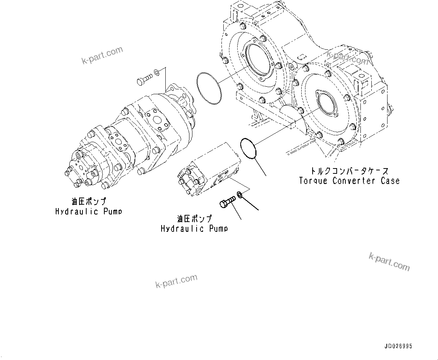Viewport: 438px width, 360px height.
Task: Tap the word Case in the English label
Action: (x=390, y=181)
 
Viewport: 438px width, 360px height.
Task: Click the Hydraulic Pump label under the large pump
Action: (x=89, y=211)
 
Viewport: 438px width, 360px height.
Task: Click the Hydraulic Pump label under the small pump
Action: (x=194, y=228)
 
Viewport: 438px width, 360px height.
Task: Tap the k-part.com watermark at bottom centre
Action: (x=176, y=281)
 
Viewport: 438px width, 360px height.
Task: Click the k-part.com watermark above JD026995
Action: (x=389, y=261)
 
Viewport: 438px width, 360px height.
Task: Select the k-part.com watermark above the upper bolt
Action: (x=102, y=55)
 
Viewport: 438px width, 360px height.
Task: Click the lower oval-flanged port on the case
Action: (x=327, y=103)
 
